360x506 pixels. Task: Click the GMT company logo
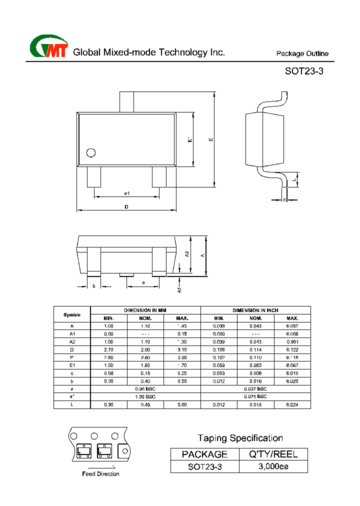point(48,47)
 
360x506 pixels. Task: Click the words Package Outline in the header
point(302,54)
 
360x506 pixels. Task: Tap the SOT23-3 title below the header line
point(304,71)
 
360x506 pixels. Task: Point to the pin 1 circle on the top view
point(91,152)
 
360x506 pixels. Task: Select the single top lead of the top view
point(126,101)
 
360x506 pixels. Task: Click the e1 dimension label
point(127,193)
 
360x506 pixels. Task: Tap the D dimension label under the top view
point(126,206)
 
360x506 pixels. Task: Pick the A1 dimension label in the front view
point(179,289)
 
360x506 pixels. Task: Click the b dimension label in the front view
point(94,286)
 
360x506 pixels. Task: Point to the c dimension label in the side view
point(284,199)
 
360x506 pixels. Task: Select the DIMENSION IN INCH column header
point(255,310)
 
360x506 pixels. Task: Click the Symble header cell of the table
point(72,314)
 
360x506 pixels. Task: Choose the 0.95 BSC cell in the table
point(145,388)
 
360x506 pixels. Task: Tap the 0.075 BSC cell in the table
point(255,396)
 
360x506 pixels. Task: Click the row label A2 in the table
point(72,341)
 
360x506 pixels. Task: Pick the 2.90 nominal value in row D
point(145,349)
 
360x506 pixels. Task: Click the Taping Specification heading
point(240,438)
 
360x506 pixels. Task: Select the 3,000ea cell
point(273,466)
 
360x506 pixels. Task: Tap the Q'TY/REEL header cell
point(273,454)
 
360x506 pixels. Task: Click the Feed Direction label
point(100,474)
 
